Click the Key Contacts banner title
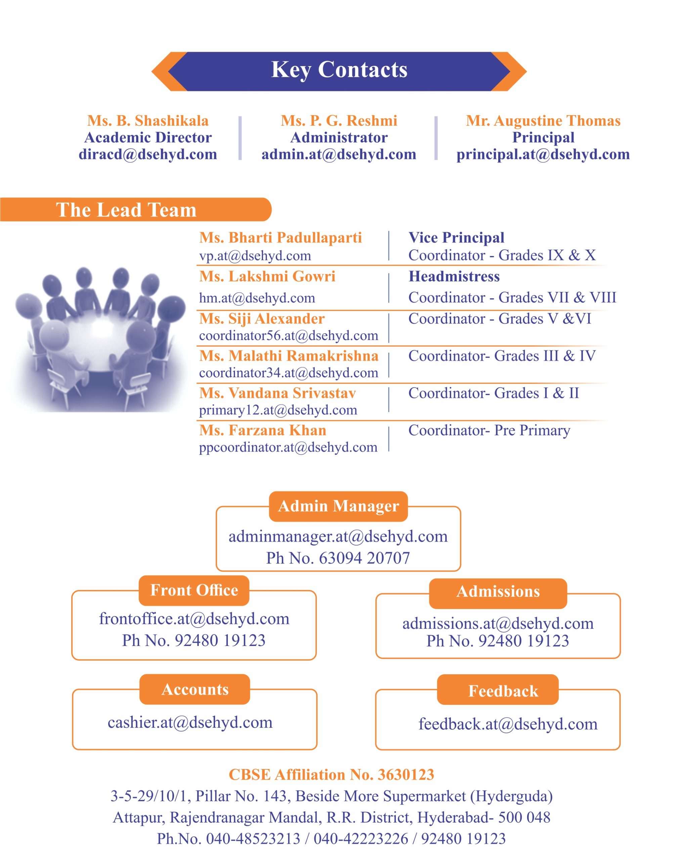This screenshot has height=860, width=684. click(339, 70)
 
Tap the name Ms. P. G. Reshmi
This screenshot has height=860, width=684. click(339, 121)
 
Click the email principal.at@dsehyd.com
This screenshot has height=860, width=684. click(543, 155)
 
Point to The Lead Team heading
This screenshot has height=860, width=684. click(126, 210)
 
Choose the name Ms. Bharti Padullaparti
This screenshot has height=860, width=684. click(281, 238)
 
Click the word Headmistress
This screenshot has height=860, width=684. click(454, 276)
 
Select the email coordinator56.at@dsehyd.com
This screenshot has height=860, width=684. click(288, 336)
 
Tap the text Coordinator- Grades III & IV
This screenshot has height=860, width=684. click(502, 355)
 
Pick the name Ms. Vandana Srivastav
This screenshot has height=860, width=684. click(277, 393)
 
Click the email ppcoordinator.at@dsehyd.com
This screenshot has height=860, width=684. click(288, 447)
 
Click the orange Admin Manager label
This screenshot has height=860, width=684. click(338, 506)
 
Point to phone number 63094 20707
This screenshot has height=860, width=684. click(364, 558)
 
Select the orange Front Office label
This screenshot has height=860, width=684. click(194, 590)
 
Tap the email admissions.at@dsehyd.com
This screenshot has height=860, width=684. click(498, 623)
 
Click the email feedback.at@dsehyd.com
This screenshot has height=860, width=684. click(508, 724)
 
